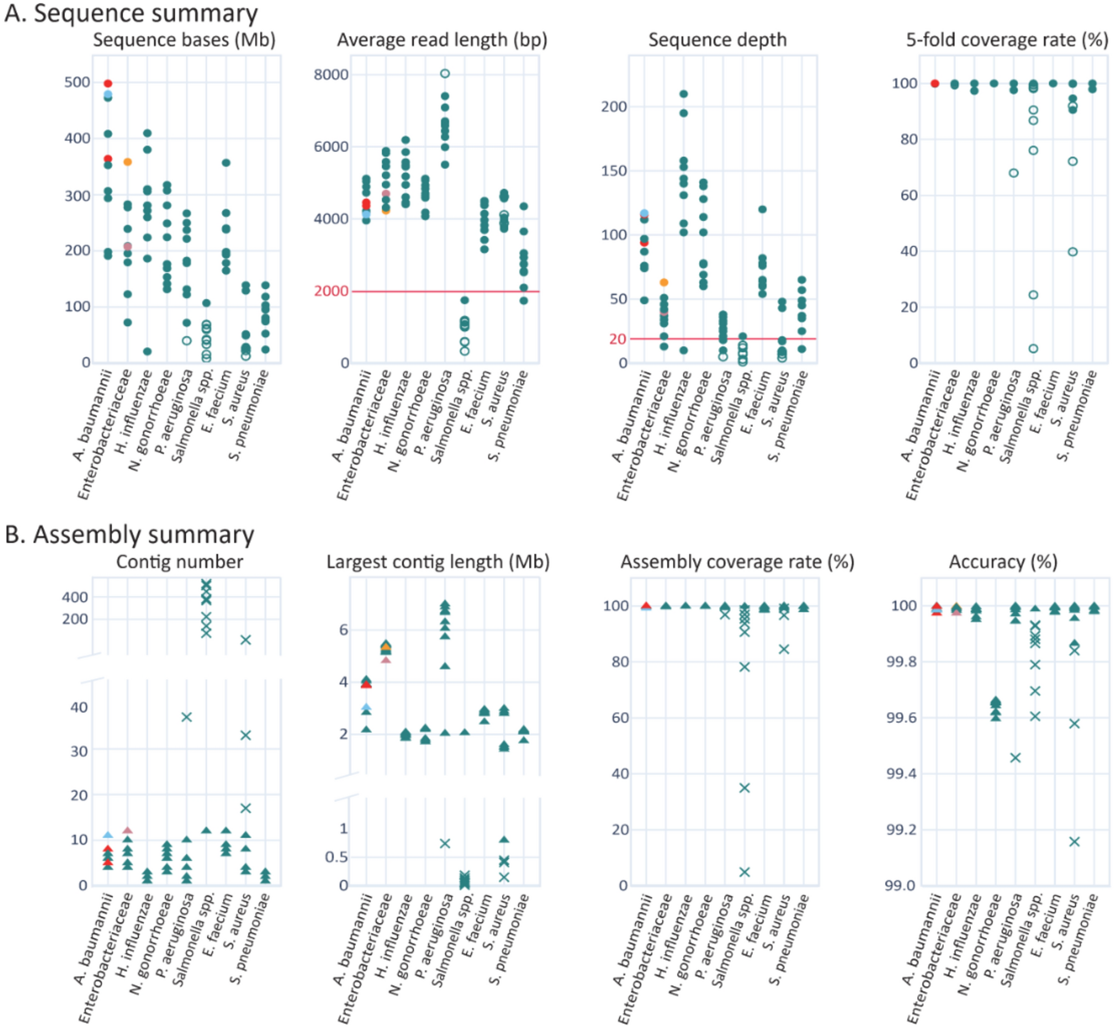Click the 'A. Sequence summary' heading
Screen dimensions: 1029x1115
(131, 13)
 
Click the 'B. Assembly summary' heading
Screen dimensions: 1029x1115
(129, 535)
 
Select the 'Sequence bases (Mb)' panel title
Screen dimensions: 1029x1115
(184, 40)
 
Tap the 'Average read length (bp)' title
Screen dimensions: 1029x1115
(442, 40)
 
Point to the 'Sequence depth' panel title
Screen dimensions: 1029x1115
(718, 40)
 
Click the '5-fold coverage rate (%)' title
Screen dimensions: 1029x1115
(1007, 40)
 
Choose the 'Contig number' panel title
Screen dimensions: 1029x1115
(179, 562)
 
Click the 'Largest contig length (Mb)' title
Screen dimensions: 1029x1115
(438, 562)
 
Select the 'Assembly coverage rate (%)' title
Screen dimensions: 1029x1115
(737, 562)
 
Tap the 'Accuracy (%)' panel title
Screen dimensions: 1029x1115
(1003, 562)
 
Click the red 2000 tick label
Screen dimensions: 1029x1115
(331, 291)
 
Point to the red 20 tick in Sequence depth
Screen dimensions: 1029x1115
(618, 338)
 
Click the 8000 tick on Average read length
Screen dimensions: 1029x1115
(331, 74)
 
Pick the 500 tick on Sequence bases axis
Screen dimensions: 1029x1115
(77, 82)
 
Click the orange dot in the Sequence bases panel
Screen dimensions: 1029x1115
(127, 162)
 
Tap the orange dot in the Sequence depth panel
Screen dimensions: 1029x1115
(663, 283)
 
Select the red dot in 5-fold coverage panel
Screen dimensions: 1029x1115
(934, 83)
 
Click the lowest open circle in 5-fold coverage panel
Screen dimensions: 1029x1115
(1033, 348)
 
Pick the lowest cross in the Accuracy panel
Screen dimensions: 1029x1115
(1074, 841)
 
